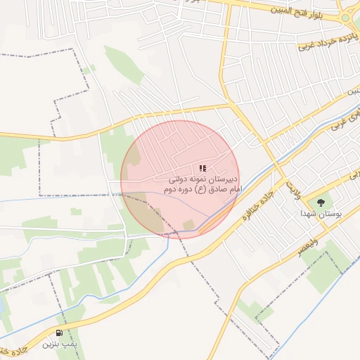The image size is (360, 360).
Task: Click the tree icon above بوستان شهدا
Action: (321, 202)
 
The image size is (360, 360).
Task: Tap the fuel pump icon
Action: (59, 333)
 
